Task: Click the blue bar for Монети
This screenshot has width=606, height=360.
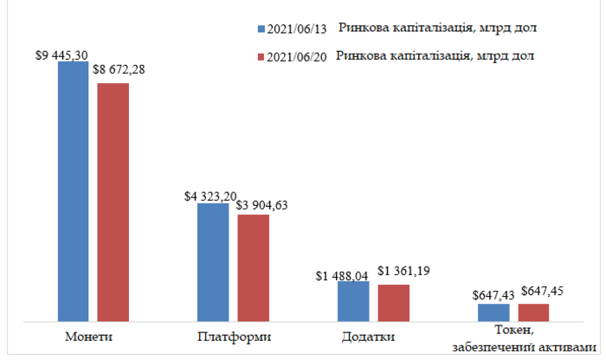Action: (74, 191)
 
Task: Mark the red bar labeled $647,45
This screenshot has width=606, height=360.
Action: (533, 312)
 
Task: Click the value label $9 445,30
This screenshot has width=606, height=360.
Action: (61, 55)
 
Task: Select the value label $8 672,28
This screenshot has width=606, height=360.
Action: (119, 68)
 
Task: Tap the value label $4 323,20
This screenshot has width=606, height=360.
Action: (209, 196)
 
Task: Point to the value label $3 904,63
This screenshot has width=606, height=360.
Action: (261, 204)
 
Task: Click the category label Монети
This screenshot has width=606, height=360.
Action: (91, 336)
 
